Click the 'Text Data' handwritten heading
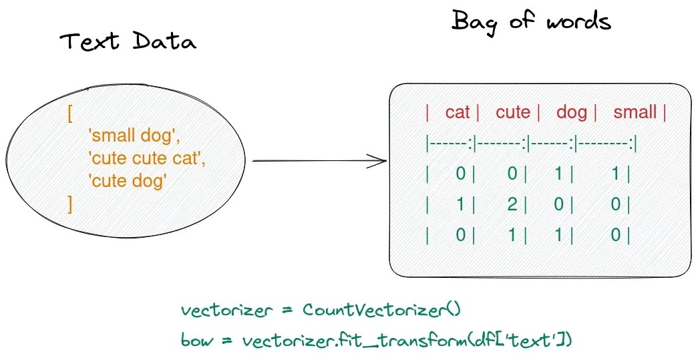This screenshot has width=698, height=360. (128, 43)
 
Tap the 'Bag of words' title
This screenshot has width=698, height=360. (531, 21)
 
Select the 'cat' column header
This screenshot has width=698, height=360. (458, 112)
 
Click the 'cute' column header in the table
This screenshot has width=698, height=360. (513, 112)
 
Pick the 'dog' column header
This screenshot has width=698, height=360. (571, 112)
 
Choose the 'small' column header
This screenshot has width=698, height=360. (635, 112)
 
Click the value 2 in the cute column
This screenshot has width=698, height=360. (512, 205)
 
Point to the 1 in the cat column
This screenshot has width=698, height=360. (460, 205)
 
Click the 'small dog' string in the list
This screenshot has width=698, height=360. (134, 136)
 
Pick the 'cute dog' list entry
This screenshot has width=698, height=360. (127, 180)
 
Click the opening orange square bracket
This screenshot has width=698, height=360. (69, 114)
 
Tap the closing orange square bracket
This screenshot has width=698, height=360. (69, 203)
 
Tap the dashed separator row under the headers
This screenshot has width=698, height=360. (531, 143)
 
